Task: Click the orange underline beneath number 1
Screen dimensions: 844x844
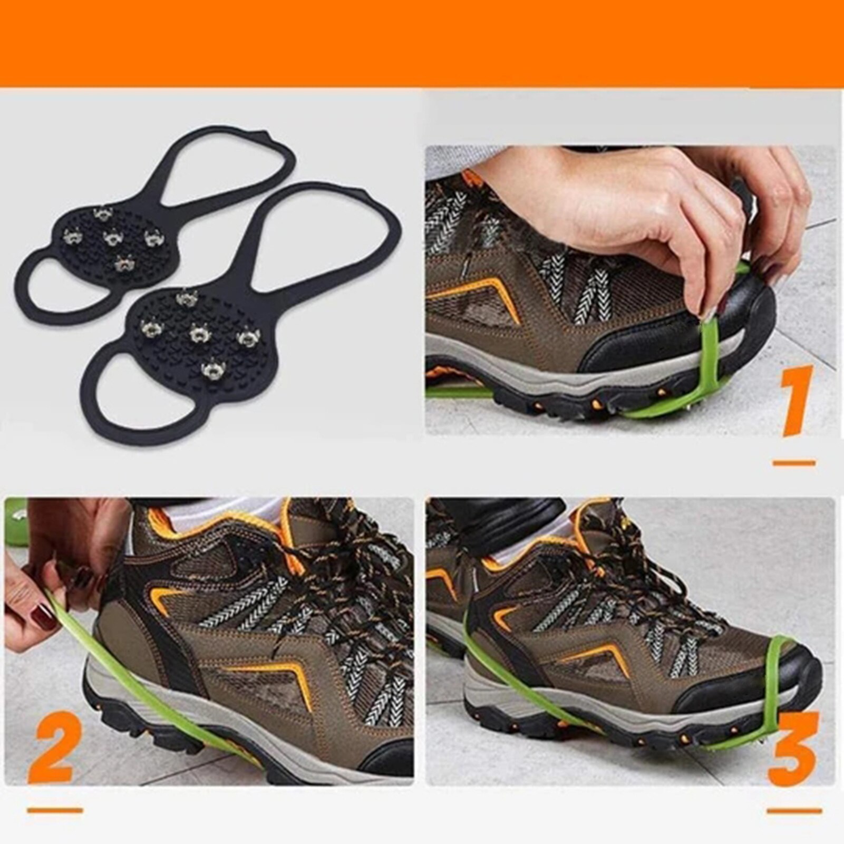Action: coord(794,463)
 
